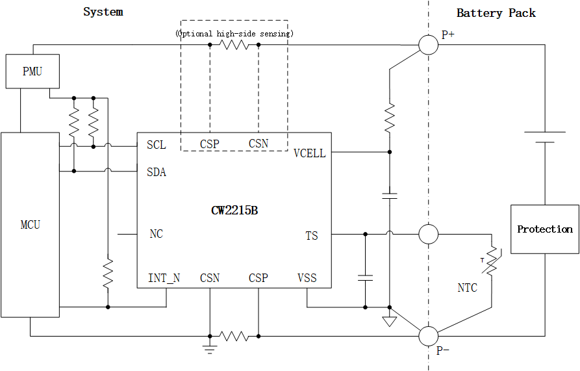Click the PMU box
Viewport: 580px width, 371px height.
[x=32, y=71]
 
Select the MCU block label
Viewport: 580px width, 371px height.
[x=31, y=225]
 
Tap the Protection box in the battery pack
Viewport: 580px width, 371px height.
[x=544, y=229]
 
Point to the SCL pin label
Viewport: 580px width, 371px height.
[x=156, y=145]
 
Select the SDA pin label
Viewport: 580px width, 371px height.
[x=157, y=172]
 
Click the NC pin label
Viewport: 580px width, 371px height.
[x=156, y=234]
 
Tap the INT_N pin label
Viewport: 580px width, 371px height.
[x=164, y=278]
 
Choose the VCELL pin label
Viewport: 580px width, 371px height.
[x=309, y=153]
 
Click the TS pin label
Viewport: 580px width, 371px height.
[x=312, y=236]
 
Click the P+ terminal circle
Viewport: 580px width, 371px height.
[x=428, y=45]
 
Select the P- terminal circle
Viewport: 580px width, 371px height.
[x=428, y=336]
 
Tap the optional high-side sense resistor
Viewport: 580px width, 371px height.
[x=234, y=45]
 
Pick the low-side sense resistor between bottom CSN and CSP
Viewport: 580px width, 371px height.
[x=234, y=336]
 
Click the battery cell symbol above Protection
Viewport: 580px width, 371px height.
[x=544, y=137]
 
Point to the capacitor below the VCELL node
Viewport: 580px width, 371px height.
[x=390, y=195]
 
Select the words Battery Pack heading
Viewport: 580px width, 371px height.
[x=496, y=13]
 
